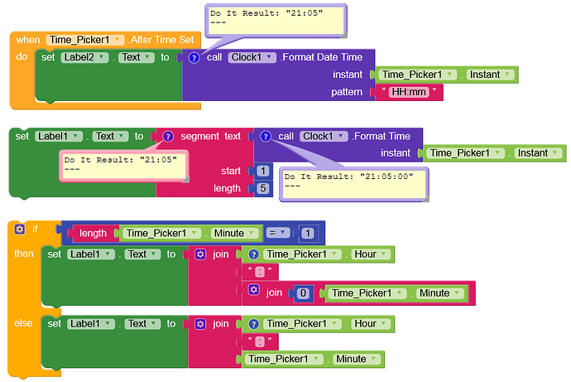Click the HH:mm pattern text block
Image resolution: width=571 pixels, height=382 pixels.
(409, 92)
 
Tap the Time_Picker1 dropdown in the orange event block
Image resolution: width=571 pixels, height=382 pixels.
(85, 40)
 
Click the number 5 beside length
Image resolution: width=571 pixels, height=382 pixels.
(263, 188)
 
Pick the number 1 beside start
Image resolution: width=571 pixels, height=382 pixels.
(263, 171)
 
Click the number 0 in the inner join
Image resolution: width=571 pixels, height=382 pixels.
(305, 293)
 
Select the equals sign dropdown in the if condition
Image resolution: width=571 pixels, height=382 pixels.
(280, 233)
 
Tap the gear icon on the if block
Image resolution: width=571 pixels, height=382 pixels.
(19, 228)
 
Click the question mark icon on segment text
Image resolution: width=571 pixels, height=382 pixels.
(168, 136)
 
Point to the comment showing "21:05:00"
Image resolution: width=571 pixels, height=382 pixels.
(353, 181)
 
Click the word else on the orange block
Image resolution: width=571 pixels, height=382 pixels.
(23, 323)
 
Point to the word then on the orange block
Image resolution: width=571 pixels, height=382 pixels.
(24, 254)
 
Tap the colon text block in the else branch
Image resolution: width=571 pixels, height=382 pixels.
(260, 341)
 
